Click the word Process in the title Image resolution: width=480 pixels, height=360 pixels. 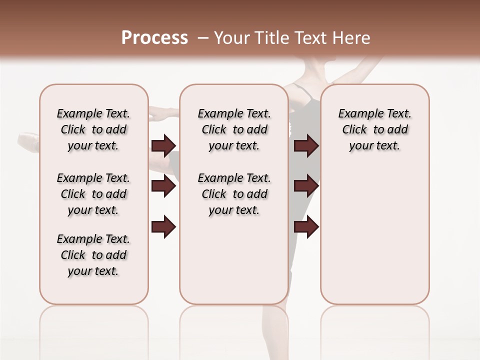click(154, 37)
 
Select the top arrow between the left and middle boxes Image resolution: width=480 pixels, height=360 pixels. click(163, 145)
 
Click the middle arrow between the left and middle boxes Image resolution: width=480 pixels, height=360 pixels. click(163, 186)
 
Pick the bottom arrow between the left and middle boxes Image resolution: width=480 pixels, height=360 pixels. click(163, 227)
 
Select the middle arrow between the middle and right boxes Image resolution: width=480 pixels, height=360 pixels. click(306, 186)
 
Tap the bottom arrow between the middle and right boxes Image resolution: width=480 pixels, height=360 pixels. click(306, 227)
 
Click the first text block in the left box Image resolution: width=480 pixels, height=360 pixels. click(93, 129)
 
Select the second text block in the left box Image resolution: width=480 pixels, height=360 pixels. click(93, 194)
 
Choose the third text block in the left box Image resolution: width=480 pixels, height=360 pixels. click(93, 255)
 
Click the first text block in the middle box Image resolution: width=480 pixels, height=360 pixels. click(234, 129)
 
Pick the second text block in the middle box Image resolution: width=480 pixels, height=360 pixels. click(234, 194)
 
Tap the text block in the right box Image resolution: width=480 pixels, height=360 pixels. click(375, 129)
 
